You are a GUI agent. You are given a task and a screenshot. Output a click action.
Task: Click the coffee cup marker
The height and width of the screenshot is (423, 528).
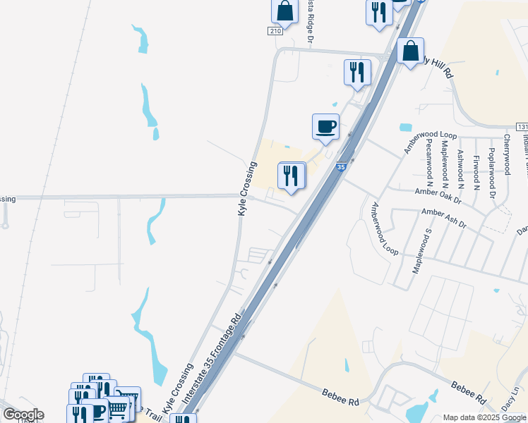coord(325,127)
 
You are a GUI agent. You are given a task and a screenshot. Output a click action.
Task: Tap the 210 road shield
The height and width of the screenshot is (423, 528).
coord(275,31)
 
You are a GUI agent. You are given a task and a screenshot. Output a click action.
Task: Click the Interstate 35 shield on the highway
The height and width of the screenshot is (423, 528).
coord(341,167)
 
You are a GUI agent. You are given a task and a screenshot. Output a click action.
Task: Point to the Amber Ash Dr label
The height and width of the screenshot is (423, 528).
coord(444,217)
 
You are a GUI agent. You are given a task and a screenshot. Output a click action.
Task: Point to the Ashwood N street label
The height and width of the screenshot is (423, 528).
coord(460,170)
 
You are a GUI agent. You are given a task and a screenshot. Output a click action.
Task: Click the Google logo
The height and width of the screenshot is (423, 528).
coord(23,415)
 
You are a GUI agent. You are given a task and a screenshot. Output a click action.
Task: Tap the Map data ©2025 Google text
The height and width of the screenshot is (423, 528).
coord(484,417)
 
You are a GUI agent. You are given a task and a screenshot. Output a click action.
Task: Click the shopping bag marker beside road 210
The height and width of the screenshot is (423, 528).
coord(285,11)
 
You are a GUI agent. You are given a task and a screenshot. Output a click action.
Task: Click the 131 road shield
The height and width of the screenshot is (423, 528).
coord(522,126)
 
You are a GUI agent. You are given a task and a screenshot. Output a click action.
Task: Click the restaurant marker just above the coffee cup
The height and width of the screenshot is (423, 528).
coord(357,72)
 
